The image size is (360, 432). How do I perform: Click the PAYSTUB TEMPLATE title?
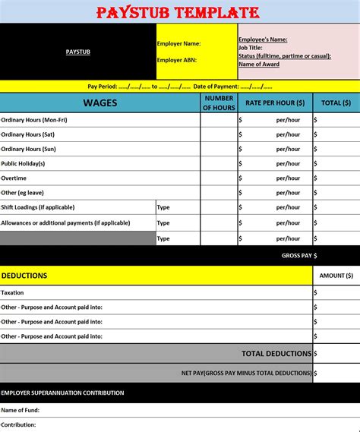178,12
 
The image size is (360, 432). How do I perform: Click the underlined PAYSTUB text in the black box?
78,52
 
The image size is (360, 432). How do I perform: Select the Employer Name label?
179,44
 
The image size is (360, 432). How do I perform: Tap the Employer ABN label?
178,60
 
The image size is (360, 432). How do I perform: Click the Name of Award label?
260,64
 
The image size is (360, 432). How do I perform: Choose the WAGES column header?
99,102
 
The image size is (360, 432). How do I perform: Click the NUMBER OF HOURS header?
219,102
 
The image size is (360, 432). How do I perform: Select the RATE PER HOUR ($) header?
274,102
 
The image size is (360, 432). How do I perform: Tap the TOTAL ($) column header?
336,102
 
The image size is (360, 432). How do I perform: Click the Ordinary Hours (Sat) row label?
27,134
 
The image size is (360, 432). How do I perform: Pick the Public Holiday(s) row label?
24,163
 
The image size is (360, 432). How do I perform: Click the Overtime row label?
14,178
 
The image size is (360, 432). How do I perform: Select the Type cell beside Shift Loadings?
163,207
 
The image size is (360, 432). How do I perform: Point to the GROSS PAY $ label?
299,256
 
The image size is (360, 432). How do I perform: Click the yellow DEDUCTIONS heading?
24,276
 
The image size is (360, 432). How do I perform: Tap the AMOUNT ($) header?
336,276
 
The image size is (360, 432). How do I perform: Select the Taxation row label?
13,292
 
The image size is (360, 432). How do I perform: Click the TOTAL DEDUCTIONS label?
276,353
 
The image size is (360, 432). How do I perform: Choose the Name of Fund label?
21,410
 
